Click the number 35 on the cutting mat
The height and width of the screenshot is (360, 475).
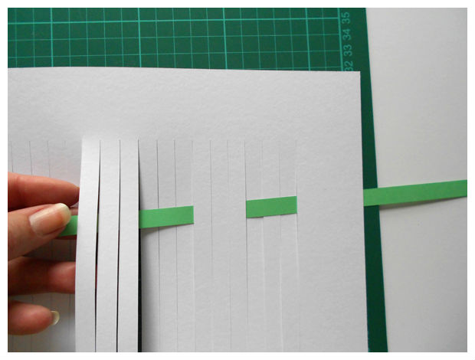[x=347, y=18]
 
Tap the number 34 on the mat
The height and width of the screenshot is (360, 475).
[x=348, y=34]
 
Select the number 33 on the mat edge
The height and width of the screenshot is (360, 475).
[x=348, y=50]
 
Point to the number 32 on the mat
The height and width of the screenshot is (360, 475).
[x=349, y=65]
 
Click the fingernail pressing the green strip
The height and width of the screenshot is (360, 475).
[x=50, y=218]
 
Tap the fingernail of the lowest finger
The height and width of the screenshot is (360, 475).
[x=55, y=317]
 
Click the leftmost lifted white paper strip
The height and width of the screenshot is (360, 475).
[x=87, y=245]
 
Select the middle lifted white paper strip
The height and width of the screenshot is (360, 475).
[x=109, y=245]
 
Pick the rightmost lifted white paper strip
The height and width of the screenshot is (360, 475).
[x=129, y=245]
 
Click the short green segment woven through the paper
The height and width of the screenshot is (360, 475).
[x=271, y=207]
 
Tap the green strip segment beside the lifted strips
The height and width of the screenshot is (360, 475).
[x=166, y=217]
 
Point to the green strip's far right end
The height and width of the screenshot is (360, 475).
[x=466, y=188]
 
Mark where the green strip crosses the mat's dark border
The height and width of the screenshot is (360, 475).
[x=371, y=198]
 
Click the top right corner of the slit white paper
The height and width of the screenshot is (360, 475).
[x=360, y=71]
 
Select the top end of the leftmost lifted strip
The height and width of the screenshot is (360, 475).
[x=91, y=139]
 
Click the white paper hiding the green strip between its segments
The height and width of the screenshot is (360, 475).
[x=220, y=212]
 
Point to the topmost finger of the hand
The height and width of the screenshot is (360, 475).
[x=42, y=191]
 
